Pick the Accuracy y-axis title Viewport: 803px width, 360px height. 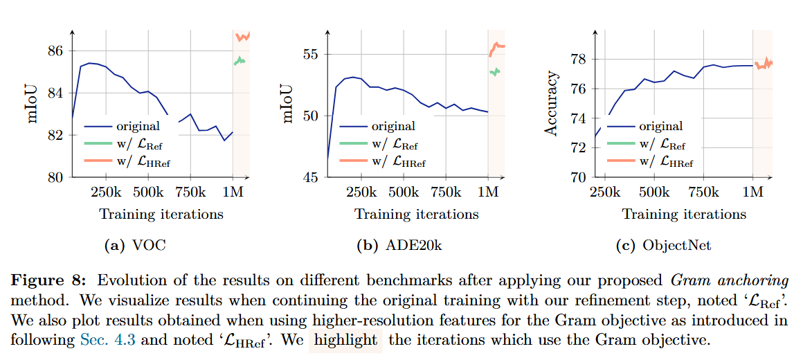[551, 103]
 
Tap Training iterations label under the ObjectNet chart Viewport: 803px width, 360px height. [684, 214]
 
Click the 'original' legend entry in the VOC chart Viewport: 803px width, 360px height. [139, 126]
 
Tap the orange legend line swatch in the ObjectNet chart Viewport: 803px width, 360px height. [620, 163]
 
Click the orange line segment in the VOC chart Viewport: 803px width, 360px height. [243, 35]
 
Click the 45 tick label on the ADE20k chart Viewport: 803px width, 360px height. [312, 177]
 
